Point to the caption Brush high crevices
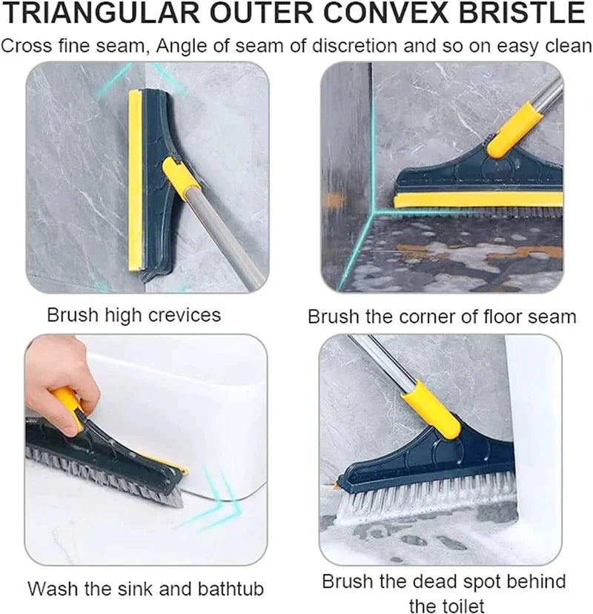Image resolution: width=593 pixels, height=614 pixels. click(133, 315)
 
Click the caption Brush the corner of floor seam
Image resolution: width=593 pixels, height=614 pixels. click(442, 317)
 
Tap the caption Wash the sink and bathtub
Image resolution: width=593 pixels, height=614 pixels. click(146, 590)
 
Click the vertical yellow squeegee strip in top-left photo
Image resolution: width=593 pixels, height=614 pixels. click(135, 182)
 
